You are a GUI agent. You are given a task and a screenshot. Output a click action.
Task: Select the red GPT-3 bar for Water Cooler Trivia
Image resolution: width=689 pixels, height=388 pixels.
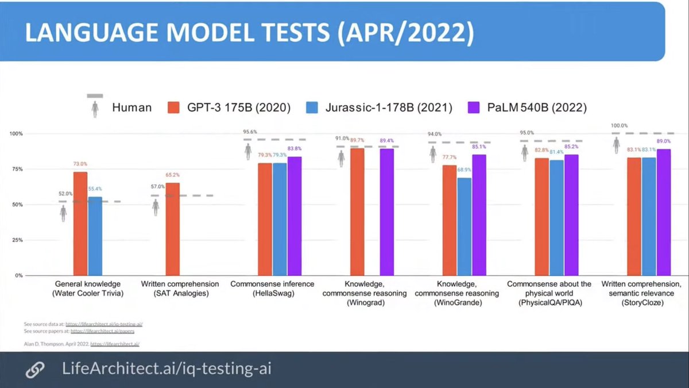point(80,224)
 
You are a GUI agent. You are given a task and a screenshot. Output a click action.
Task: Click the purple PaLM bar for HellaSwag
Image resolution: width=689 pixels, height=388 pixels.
point(295,216)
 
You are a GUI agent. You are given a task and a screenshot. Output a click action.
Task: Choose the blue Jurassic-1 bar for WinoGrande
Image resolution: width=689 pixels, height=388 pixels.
point(464,226)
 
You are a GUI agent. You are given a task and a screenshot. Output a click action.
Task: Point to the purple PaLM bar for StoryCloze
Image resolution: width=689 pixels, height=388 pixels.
point(663,212)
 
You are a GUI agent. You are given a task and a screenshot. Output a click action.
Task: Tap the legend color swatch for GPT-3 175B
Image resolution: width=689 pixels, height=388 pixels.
point(175,107)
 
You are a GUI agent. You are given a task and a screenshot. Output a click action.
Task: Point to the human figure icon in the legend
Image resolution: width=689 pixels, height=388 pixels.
point(95,107)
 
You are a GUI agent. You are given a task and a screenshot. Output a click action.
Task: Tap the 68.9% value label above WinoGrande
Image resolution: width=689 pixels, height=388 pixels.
point(464,170)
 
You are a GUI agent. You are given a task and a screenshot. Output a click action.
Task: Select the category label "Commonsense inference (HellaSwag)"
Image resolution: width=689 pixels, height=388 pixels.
point(272,289)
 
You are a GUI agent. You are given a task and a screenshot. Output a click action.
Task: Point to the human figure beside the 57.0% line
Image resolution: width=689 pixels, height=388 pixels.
point(156,208)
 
